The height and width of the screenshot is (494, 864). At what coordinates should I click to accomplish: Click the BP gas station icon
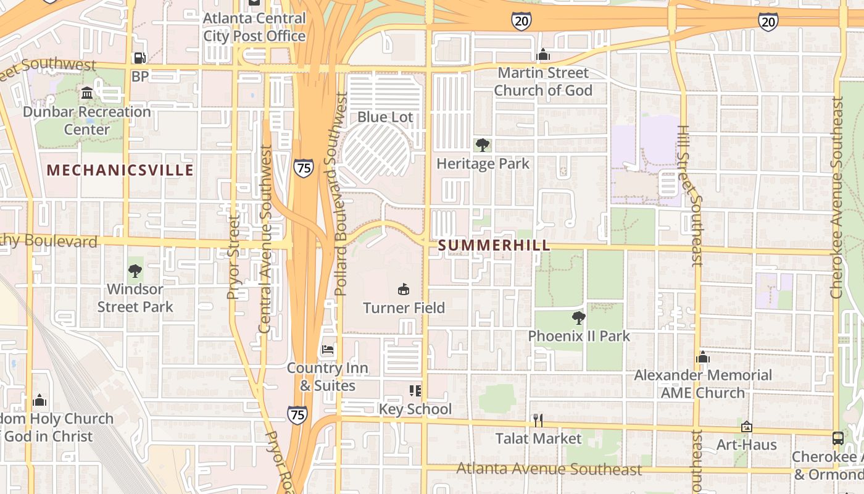(140, 58)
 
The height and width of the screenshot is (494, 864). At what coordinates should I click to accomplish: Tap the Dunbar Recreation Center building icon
(87, 93)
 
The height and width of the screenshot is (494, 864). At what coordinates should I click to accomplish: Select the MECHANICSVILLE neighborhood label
(120, 170)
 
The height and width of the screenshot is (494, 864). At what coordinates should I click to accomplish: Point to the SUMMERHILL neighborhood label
(494, 246)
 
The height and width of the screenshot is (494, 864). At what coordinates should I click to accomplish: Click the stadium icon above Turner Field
(404, 289)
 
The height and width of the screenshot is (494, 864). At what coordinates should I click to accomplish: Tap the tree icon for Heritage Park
(483, 145)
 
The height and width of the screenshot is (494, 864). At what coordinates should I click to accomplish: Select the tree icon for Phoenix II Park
(578, 318)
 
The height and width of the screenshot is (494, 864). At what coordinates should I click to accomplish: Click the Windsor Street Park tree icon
(135, 270)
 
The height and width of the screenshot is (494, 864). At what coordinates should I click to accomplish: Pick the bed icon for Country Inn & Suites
(328, 350)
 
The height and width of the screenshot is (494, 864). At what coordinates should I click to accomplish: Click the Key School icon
(415, 390)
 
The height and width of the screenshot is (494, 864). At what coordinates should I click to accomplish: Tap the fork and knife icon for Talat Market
(539, 421)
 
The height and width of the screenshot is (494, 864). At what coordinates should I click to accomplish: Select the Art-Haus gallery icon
(747, 427)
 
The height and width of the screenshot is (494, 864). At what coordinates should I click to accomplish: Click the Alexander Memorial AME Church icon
(703, 357)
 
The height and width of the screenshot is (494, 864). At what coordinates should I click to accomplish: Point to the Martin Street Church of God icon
(543, 54)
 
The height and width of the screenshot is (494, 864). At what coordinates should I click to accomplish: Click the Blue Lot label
(385, 117)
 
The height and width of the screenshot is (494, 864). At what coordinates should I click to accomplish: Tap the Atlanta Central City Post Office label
(254, 27)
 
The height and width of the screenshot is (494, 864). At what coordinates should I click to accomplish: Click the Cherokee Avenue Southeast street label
(837, 198)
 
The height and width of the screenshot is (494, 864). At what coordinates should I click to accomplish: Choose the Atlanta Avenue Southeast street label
(549, 469)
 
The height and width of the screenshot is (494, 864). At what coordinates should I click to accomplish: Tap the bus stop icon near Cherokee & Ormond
(838, 438)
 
